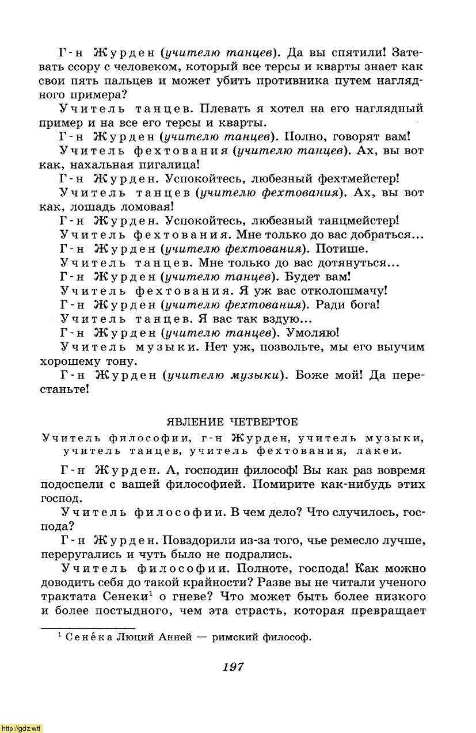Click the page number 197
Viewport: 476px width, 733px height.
pos(233,667)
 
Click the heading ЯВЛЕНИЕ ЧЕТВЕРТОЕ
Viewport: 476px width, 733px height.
pos(233,422)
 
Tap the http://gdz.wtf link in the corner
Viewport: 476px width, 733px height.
pos(21,728)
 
